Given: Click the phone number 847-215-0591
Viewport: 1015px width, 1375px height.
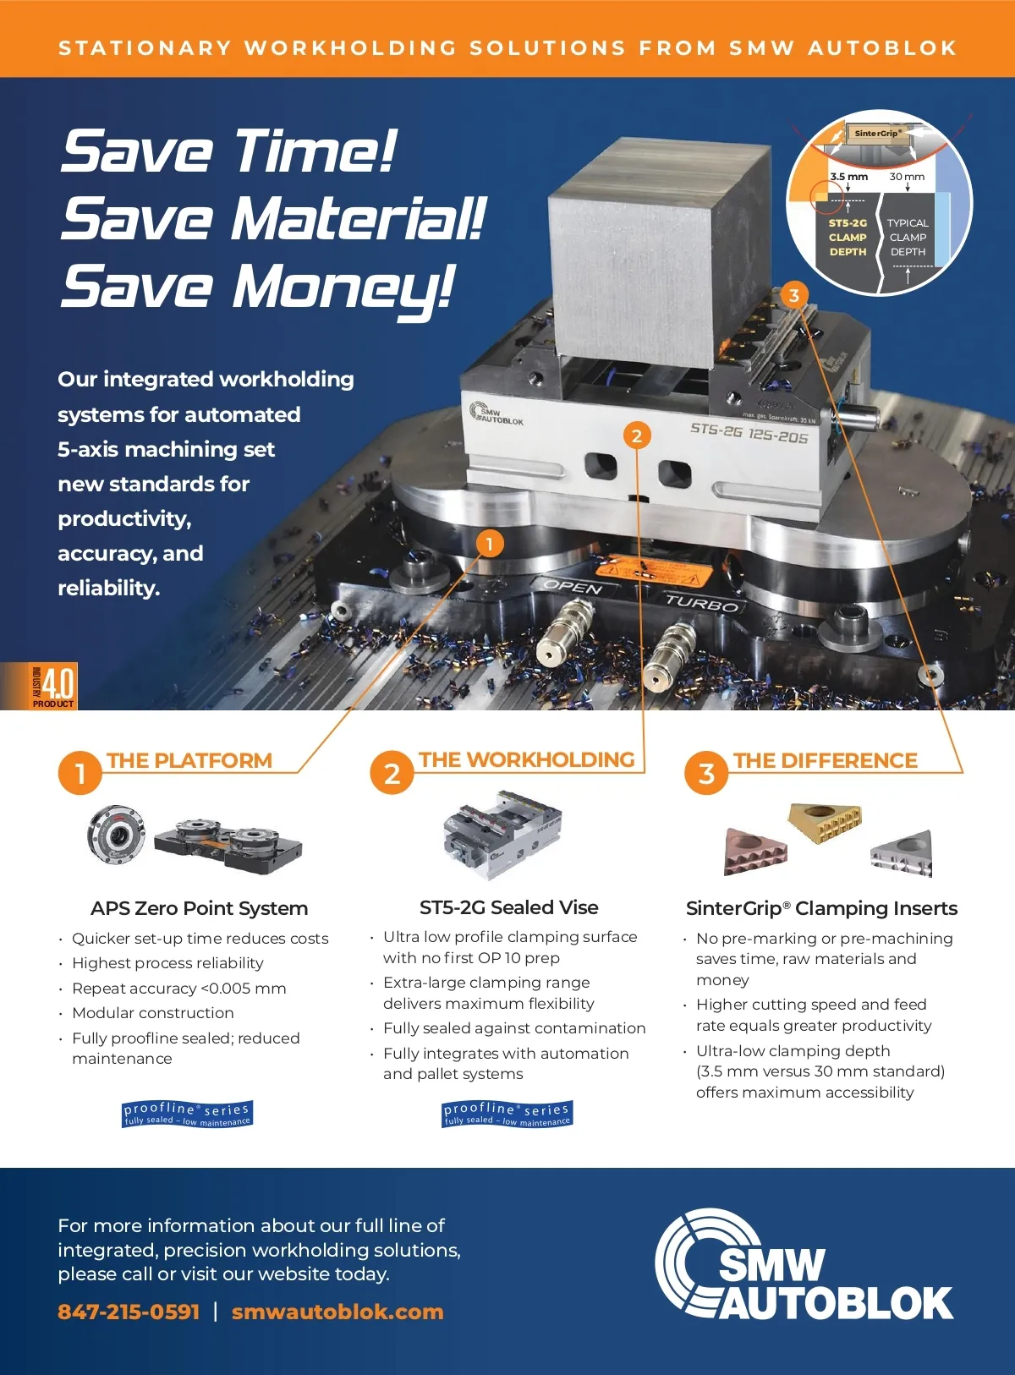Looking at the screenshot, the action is click(x=129, y=1311).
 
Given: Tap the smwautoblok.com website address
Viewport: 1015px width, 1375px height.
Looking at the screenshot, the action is click(x=337, y=1311).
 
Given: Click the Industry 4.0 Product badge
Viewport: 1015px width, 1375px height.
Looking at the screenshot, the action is click(x=52, y=686).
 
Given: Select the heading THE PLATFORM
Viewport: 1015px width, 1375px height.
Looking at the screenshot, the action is click(x=189, y=761).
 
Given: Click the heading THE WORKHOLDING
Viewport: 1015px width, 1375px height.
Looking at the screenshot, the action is click(x=526, y=760).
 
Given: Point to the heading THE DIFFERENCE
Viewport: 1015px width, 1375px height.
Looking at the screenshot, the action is click(x=826, y=761).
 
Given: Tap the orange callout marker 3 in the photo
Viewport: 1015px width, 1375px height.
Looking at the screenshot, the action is click(x=793, y=296).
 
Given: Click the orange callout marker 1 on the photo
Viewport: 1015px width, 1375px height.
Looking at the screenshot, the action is click(x=489, y=544).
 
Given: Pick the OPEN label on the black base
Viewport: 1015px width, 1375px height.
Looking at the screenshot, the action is click(x=573, y=587).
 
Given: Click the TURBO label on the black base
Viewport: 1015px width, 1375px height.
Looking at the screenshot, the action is click(x=701, y=602).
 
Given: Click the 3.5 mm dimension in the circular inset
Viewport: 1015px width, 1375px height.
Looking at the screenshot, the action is click(x=849, y=177).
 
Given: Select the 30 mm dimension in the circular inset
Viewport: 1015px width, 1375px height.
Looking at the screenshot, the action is click(x=907, y=177).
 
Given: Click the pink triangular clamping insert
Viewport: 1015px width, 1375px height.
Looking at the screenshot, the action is click(x=754, y=852).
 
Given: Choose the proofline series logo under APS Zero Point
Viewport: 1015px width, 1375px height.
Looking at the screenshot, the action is click(x=187, y=1114).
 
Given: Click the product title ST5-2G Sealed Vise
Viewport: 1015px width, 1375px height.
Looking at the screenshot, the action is click(x=509, y=907).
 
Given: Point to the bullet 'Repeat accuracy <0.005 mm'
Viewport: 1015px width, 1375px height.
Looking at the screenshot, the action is click(x=178, y=989).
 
